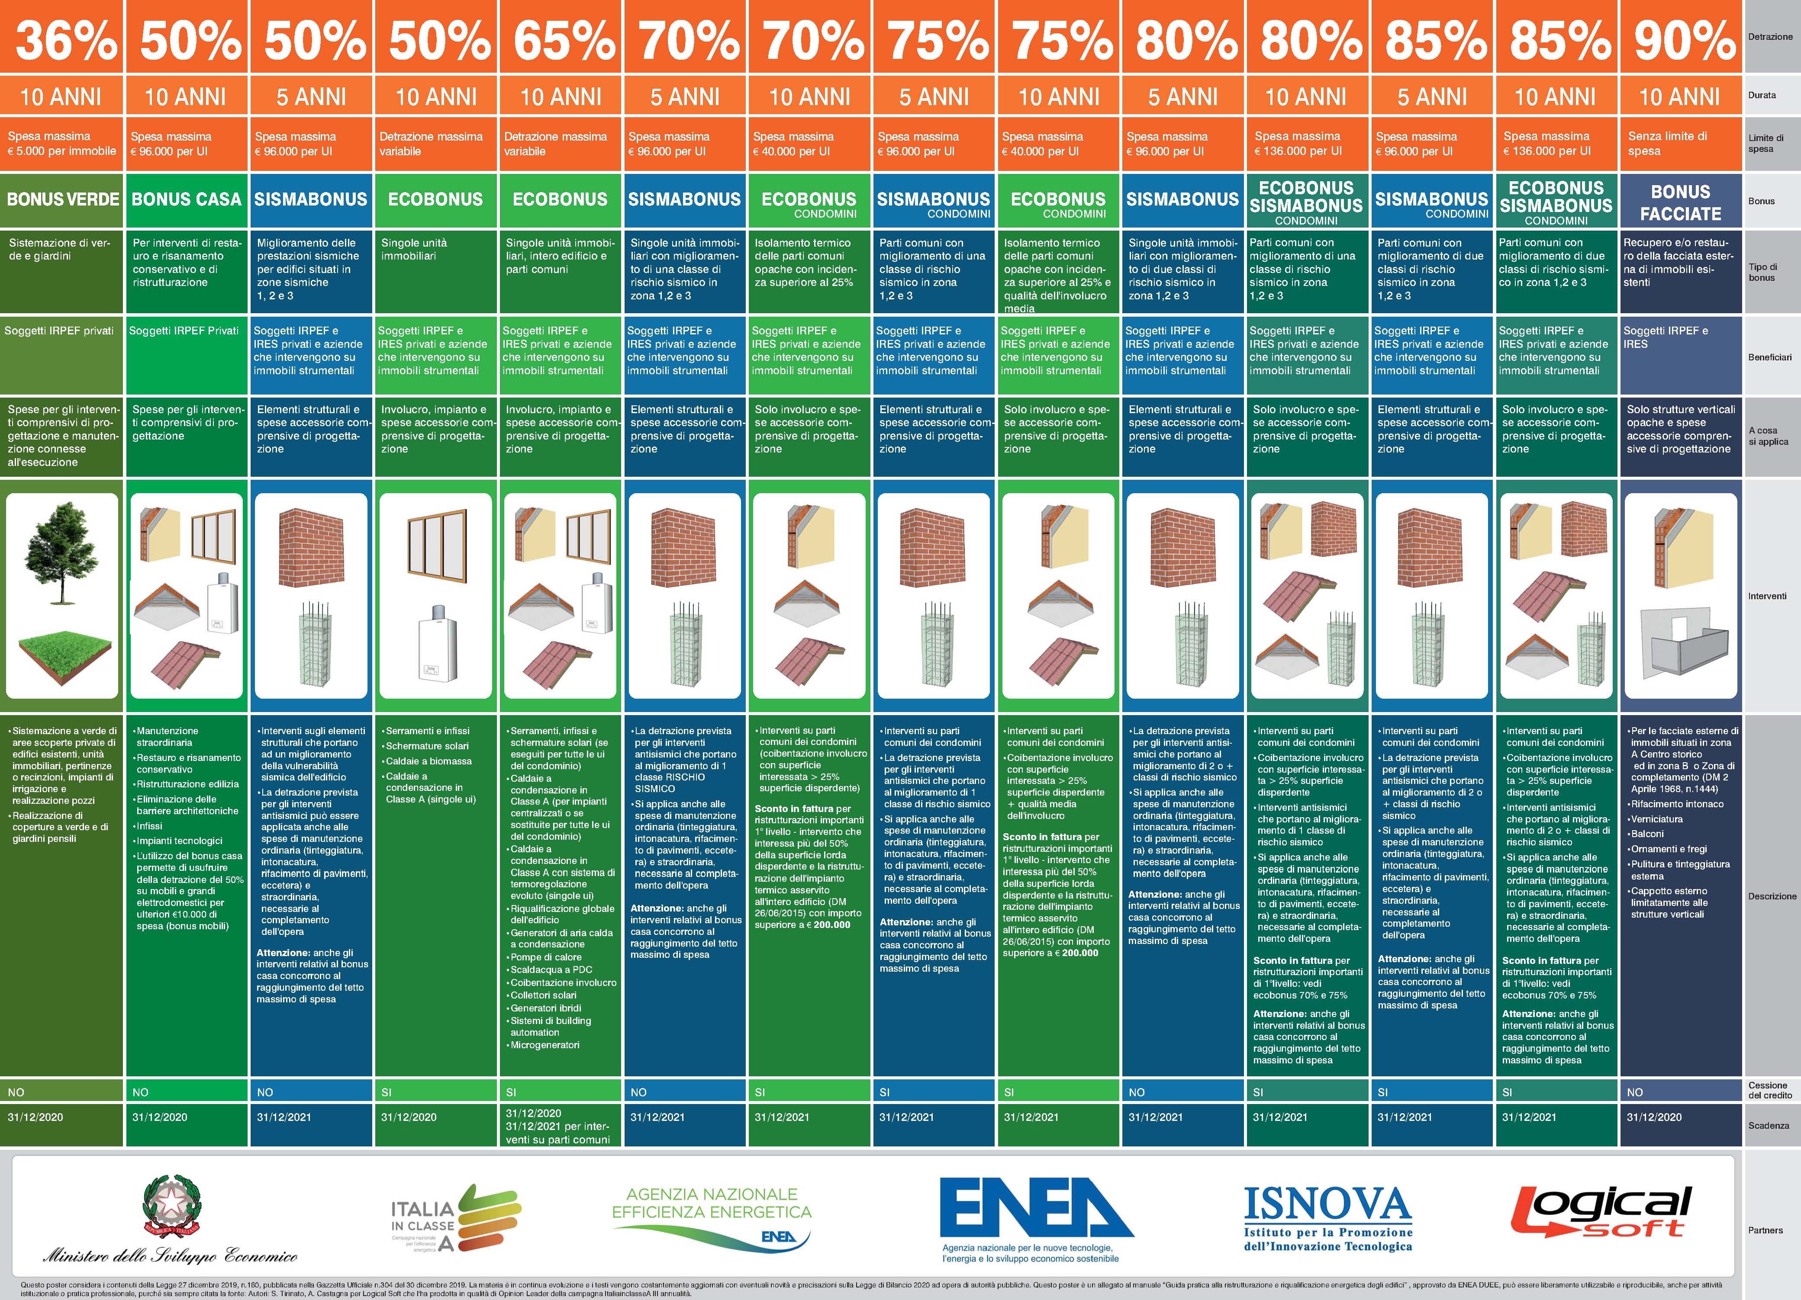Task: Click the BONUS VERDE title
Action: click(x=63, y=199)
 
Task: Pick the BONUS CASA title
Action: click(x=187, y=199)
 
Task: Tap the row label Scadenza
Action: click(x=1769, y=1125)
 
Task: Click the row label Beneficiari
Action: click(x=1769, y=357)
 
